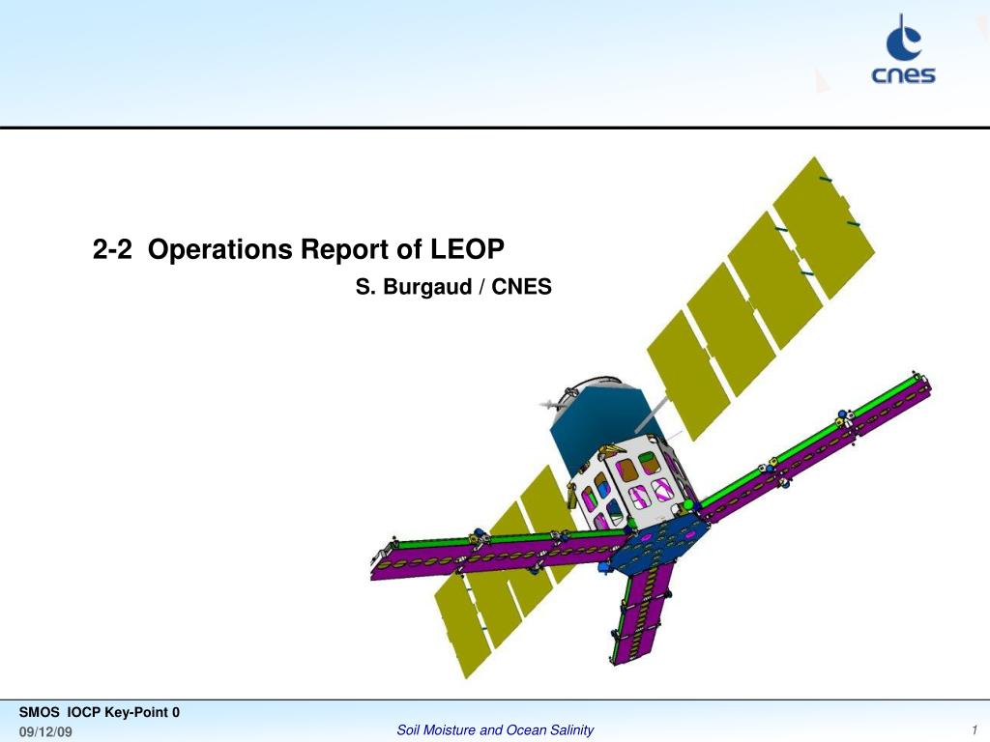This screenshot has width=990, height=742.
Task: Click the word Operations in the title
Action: coord(219,249)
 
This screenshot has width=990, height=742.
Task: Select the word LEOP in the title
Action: coord(467,248)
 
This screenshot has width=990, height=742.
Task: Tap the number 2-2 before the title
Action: coord(112,249)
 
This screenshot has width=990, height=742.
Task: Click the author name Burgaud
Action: coord(427,287)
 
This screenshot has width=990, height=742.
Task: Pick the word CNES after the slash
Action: coord(521,286)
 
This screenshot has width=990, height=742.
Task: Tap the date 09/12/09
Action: coord(45,732)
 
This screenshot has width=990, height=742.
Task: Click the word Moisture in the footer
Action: coord(450,730)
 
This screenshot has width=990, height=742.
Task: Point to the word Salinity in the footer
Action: coord(571,730)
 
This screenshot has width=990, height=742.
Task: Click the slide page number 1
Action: coord(975,730)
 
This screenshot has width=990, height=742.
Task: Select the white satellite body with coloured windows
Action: coord(631,483)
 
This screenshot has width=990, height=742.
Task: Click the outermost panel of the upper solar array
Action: coord(824,227)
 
